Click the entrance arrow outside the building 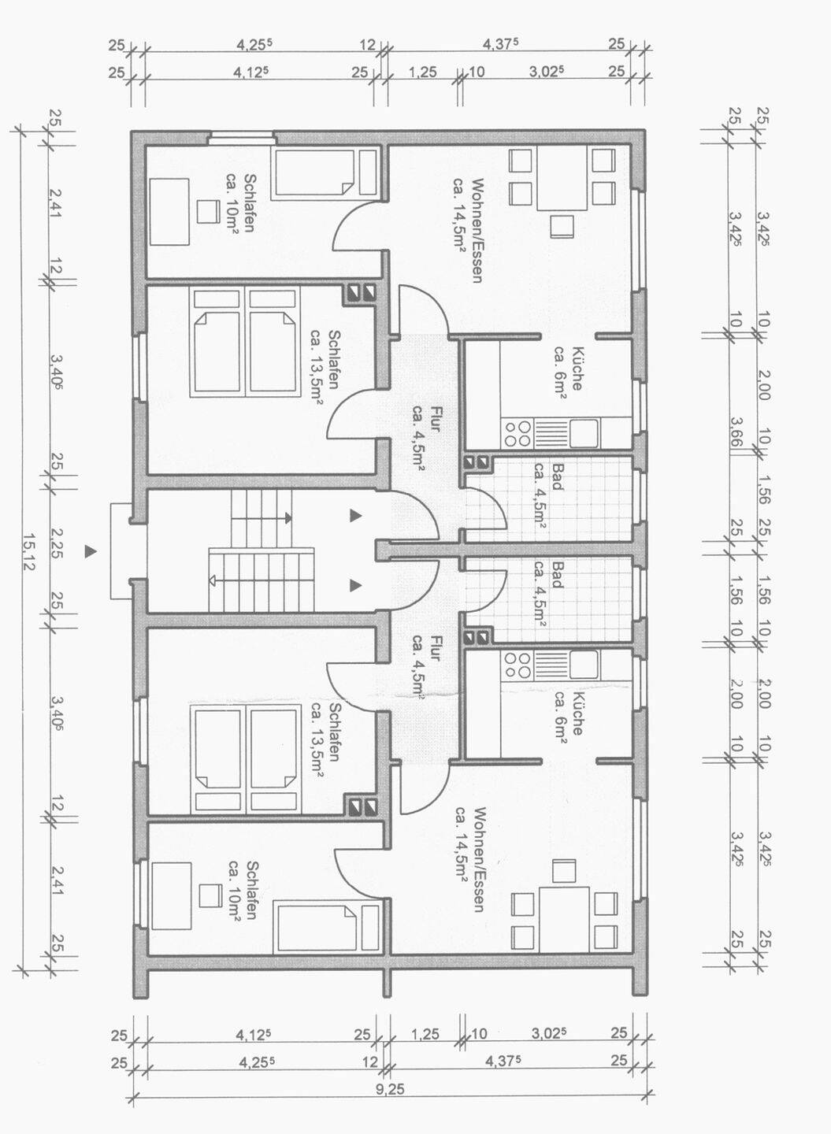90,551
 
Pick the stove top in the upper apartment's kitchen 518,434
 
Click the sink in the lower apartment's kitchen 584,665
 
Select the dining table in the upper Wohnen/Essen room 562,178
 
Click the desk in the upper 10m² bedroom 169,212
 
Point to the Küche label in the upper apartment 577,369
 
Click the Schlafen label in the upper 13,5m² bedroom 334,359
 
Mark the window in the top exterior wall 242,135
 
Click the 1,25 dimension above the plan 423,72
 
